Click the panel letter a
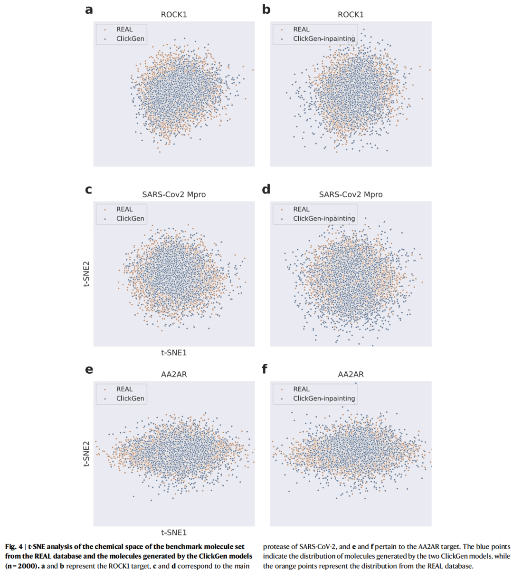point(89,10)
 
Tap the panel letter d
point(266,189)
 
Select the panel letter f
point(265,369)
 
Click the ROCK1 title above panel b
point(351,15)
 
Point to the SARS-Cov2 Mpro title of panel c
point(174,194)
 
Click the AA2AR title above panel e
point(174,374)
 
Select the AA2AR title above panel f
point(351,374)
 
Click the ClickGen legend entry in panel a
point(130,39)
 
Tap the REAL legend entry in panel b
point(301,29)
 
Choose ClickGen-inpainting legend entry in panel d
point(323,218)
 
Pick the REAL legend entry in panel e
point(124,389)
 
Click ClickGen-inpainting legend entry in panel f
point(323,398)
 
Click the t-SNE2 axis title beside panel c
point(86,274)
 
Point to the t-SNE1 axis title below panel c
point(174,353)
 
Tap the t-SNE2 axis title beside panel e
point(86,454)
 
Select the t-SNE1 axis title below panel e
point(174,533)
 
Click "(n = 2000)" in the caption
point(20,566)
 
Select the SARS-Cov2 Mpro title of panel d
point(351,194)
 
